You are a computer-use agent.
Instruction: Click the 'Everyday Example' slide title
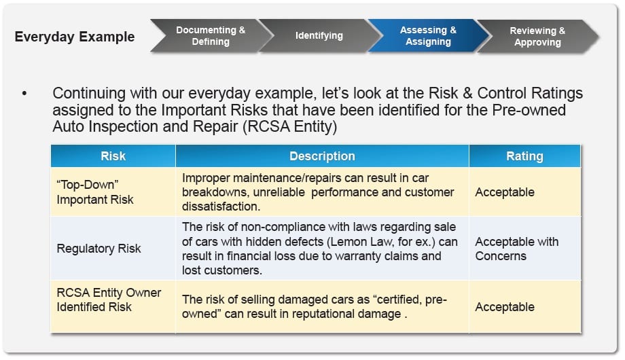pos(75,36)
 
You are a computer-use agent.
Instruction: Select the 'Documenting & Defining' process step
pos(211,36)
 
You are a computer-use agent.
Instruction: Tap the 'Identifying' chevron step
pos(319,35)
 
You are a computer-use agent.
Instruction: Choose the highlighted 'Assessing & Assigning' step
pos(428,36)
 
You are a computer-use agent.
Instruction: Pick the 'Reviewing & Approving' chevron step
pos(537,36)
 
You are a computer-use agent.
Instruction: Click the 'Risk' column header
pos(113,156)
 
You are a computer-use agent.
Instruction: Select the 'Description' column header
pos(322,156)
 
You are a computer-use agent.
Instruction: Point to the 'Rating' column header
pos(524,156)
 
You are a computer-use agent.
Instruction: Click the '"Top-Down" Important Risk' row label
pos(94,192)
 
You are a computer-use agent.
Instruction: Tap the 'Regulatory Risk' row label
pos(99,249)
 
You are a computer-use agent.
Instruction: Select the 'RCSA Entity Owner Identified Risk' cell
pos(109,300)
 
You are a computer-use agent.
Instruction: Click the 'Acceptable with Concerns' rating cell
pos(516,249)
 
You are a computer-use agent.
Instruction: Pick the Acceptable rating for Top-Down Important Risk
pos(505,192)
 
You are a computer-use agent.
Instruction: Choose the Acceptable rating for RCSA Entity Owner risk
pos(505,307)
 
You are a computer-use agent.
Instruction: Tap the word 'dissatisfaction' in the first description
pos(220,206)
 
